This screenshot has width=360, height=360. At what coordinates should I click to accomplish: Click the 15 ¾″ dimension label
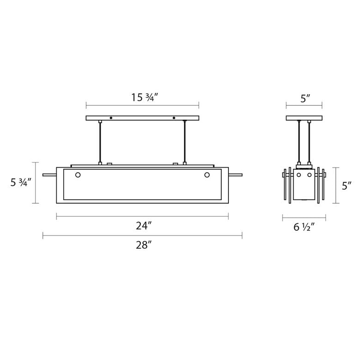click(144, 97)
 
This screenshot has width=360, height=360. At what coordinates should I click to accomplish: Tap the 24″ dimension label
click(144, 226)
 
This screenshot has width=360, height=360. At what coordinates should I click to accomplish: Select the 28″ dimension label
click(144, 245)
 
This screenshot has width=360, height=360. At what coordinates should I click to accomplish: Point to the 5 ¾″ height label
click(21, 182)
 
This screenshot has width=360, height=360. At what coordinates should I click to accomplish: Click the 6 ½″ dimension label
click(304, 227)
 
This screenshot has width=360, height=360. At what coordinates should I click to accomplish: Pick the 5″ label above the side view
click(306, 98)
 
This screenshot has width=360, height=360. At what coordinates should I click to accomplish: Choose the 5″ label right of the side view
click(347, 186)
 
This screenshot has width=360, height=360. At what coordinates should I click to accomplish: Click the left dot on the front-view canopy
click(111, 118)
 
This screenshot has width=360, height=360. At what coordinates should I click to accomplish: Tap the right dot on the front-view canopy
click(174, 118)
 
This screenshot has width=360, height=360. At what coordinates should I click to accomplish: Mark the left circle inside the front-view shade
click(78, 175)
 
